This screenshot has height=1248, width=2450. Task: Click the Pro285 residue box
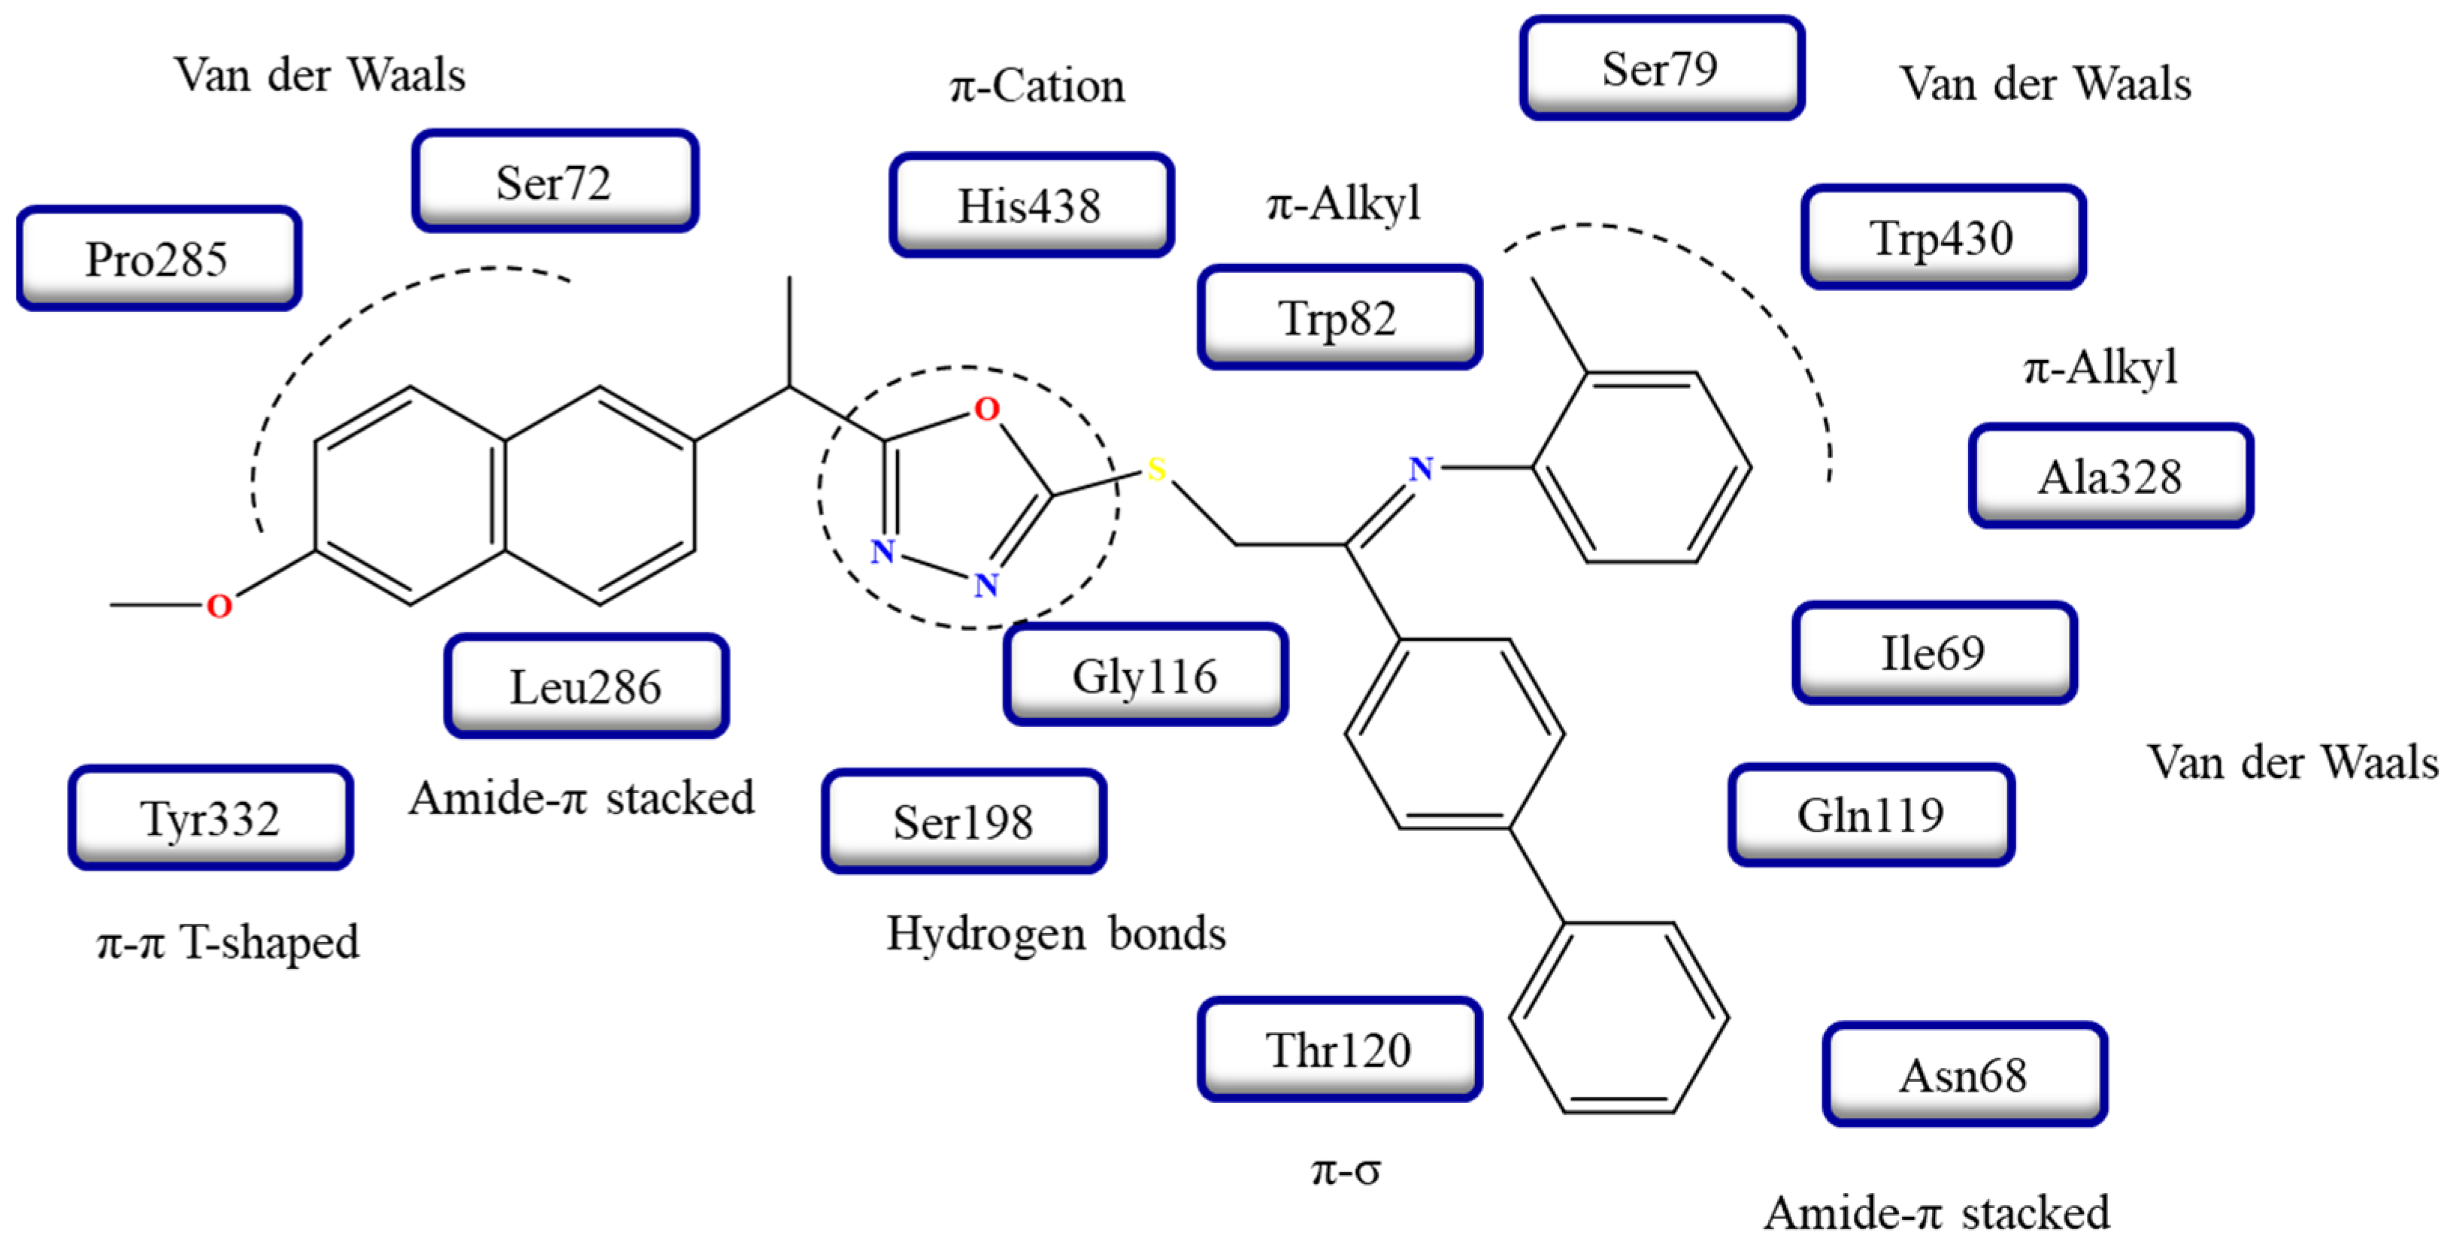158,259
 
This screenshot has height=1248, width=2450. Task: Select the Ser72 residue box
555,182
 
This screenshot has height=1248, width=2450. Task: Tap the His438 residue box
1031,205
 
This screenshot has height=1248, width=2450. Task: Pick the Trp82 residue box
1339,318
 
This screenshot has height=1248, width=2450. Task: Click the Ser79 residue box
1661,68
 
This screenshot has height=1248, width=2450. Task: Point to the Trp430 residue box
1943,238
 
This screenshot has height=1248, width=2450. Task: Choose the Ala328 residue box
2110,477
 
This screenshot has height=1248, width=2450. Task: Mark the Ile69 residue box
1934,653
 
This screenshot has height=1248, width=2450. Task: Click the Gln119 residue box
1871,815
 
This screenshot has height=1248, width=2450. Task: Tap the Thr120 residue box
1339,1050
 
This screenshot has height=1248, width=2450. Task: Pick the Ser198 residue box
964,822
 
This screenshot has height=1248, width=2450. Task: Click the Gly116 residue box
1145,675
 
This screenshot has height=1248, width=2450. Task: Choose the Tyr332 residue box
210,818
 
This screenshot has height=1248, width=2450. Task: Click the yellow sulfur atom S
1156,469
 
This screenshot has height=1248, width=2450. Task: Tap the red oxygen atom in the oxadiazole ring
987,409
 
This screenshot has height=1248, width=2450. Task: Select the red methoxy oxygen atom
220,606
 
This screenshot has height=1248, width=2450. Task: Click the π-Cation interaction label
1037,86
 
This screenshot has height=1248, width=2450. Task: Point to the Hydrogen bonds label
1055,933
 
